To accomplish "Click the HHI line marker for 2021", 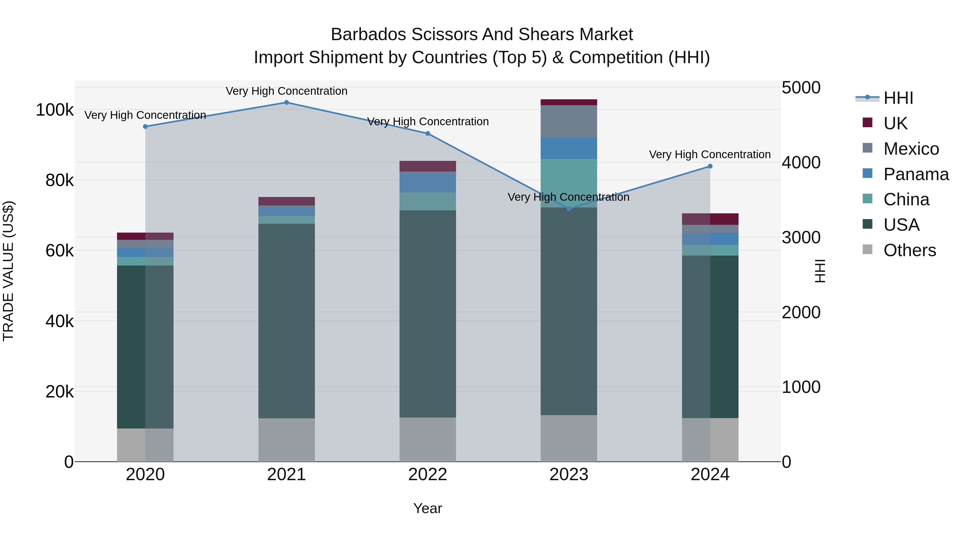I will tap(286, 103).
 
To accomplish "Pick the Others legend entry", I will tap(909, 250).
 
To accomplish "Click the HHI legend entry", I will tap(898, 98).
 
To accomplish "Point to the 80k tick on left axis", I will tap(59, 181).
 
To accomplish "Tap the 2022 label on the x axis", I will tap(427, 475).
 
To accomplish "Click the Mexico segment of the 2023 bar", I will tap(569, 121).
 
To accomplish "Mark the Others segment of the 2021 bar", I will tap(286, 440).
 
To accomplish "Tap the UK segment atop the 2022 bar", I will tap(427, 166).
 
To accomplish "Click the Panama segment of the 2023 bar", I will tap(569, 148).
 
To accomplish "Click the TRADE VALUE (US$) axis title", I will tap(8, 271).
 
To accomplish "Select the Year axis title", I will tap(427, 508).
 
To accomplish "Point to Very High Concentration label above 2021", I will tap(286, 91).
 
